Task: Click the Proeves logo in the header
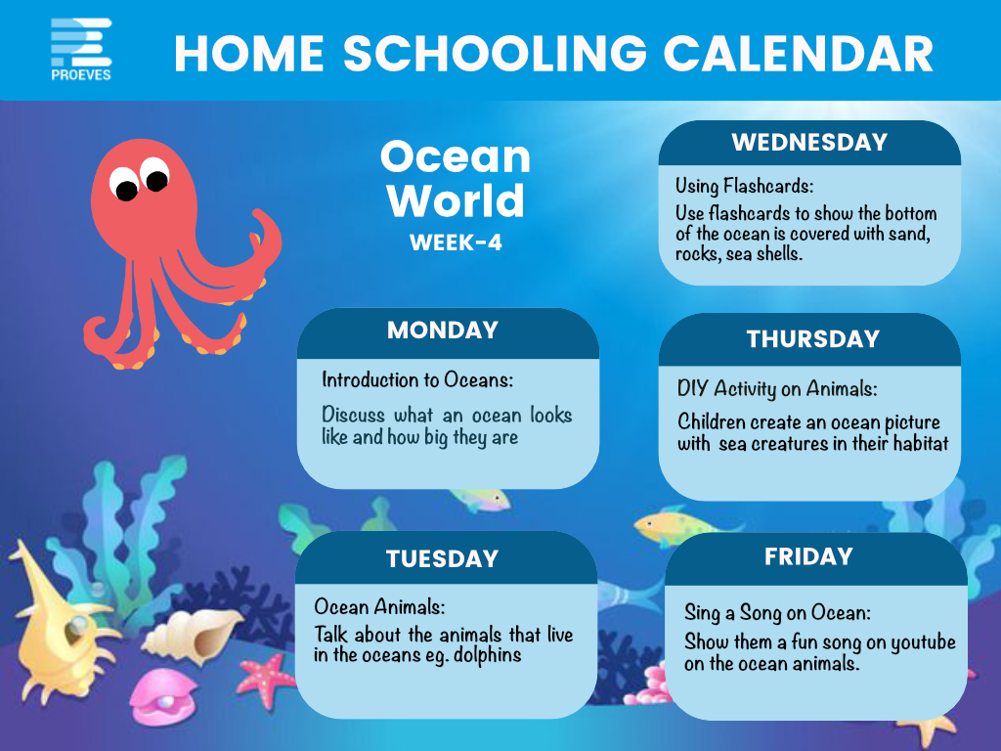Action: pyautogui.click(x=81, y=49)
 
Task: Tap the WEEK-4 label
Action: pyautogui.click(x=456, y=243)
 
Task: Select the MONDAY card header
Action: pyautogui.click(x=443, y=331)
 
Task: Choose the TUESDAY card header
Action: pyautogui.click(x=442, y=558)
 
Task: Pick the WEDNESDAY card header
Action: pyautogui.click(x=809, y=142)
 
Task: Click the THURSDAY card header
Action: pyautogui.click(x=813, y=338)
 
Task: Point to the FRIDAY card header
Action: pyautogui.click(x=808, y=556)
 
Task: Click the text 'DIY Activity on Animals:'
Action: pyautogui.click(x=777, y=388)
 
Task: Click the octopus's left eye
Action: pyautogui.click(x=124, y=186)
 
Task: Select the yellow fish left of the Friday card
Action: pyautogui.click(x=675, y=527)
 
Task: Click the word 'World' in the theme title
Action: pyautogui.click(x=456, y=200)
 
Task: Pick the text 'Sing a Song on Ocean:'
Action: pyautogui.click(x=777, y=613)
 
